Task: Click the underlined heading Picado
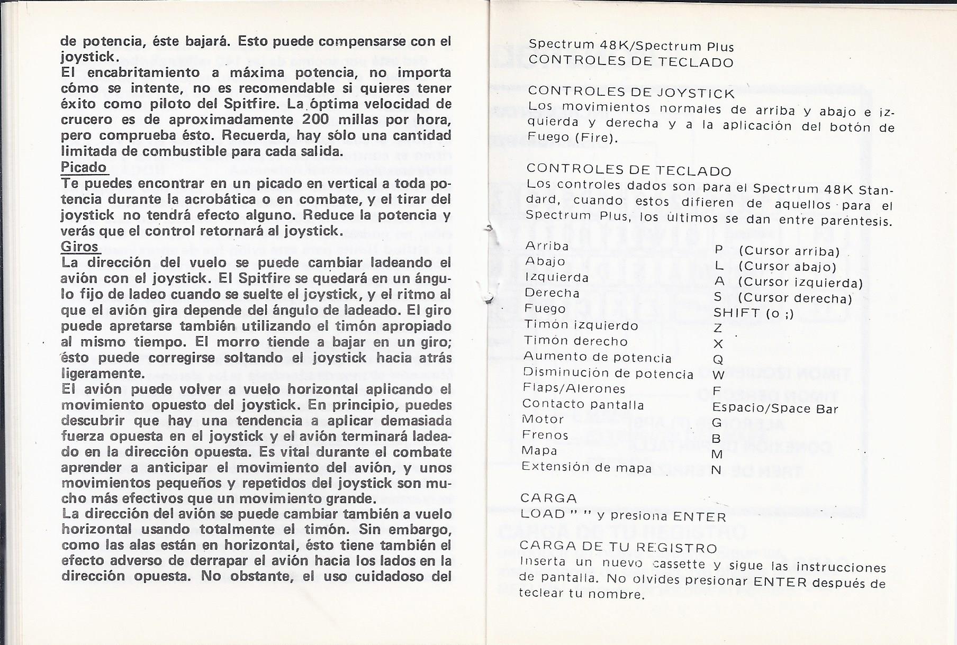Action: (84, 168)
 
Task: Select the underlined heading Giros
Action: (80, 247)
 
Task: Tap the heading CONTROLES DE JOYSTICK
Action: (631, 94)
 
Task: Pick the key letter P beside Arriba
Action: (719, 250)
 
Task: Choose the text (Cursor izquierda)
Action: (800, 283)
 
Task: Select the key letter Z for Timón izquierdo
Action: (718, 329)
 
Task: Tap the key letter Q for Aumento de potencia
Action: (718, 360)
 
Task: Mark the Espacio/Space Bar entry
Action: (775, 408)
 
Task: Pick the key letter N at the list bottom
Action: (717, 470)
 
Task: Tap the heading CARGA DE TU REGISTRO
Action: (618, 547)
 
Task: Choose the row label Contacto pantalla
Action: (583, 405)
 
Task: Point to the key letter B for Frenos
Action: (717, 439)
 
